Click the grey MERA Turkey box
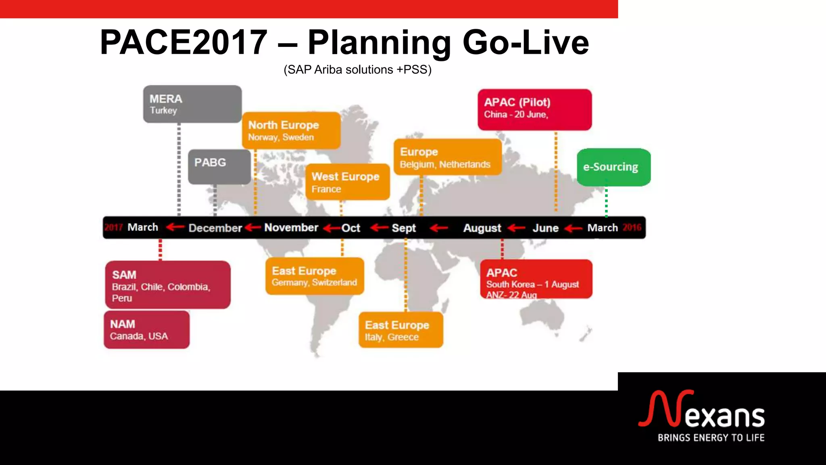(x=192, y=104)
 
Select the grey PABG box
(x=219, y=167)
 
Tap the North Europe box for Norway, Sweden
(x=291, y=130)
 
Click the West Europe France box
(x=347, y=182)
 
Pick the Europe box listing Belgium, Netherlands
(x=447, y=157)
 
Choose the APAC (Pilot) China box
(x=534, y=109)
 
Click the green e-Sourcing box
(x=613, y=167)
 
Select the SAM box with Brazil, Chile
(x=168, y=285)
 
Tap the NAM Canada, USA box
(x=146, y=329)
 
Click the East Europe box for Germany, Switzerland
(x=315, y=276)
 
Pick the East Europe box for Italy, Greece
(x=400, y=330)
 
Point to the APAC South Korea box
(x=536, y=279)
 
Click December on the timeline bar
(x=215, y=228)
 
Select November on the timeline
(x=291, y=228)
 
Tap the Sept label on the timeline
(x=403, y=228)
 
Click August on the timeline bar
(x=482, y=228)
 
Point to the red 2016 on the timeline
(x=632, y=227)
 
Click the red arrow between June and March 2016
(x=573, y=229)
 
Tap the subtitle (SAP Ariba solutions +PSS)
(x=357, y=70)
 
